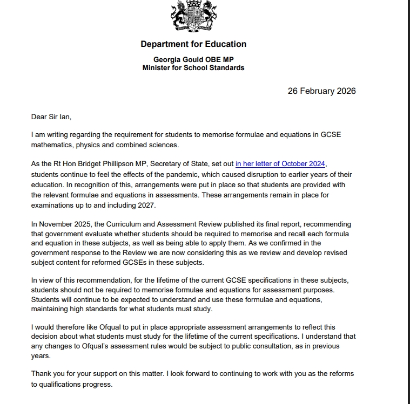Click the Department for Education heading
click(x=193, y=44)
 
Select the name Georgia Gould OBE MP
click(x=193, y=59)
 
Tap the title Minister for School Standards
click(x=193, y=68)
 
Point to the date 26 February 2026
click(x=321, y=91)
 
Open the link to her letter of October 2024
click(x=281, y=164)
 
